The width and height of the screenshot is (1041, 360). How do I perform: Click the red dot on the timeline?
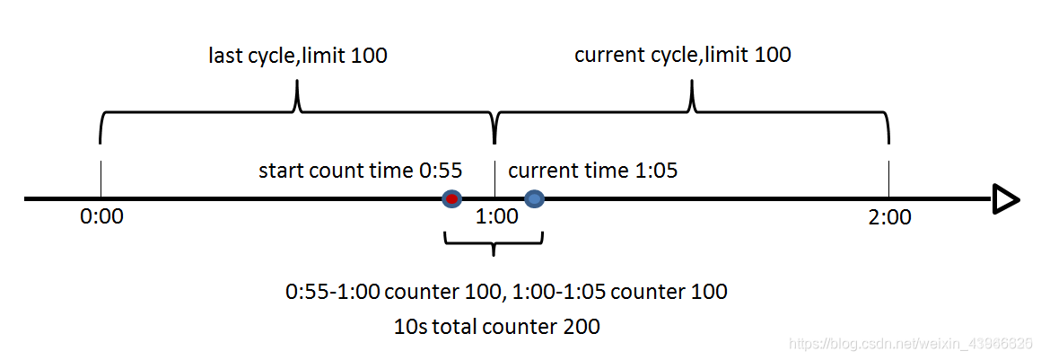(x=452, y=198)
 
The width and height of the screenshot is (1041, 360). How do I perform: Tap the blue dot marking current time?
(x=535, y=198)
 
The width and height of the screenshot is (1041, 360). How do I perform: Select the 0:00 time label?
(x=101, y=217)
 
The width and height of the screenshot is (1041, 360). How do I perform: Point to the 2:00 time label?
(x=889, y=217)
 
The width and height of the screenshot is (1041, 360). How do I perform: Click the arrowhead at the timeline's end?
(x=1006, y=199)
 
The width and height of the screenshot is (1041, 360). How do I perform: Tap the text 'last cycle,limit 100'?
(x=298, y=56)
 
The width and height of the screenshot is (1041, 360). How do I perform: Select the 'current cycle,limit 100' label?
(x=683, y=55)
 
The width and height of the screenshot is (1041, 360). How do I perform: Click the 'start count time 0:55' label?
(x=361, y=171)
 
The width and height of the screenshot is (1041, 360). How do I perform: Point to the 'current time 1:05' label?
(x=593, y=171)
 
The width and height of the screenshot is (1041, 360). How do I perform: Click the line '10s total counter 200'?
(x=497, y=327)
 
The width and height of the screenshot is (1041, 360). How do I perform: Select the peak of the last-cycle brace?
(x=297, y=81)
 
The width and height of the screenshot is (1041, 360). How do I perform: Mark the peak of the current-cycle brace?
(x=692, y=81)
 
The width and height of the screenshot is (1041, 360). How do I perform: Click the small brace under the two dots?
(x=494, y=244)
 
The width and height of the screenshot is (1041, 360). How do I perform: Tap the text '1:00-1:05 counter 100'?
(x=616, y=292)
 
